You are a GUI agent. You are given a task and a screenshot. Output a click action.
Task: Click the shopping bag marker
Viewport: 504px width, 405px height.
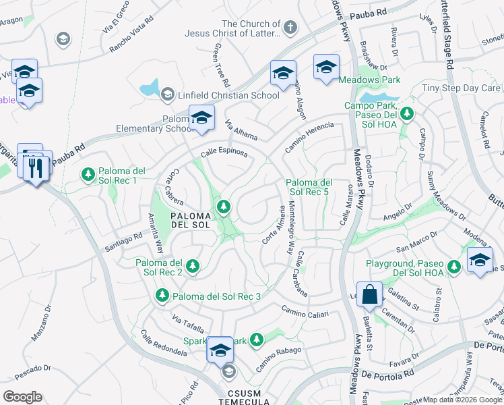tap(370, 294)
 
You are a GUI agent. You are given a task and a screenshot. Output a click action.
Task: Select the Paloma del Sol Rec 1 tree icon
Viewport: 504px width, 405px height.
tap(88, 175)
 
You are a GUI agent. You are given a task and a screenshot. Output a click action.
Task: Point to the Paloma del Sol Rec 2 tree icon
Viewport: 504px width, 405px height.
tap(193, 266)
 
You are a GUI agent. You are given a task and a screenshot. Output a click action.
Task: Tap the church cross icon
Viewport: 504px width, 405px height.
tap(290, 28)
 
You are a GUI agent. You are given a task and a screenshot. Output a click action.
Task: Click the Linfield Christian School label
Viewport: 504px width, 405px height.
tap(228, 95)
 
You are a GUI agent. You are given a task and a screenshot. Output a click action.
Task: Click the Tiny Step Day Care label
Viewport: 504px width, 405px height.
tap(462, 88)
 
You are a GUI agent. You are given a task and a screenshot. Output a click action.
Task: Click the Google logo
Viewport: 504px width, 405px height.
tap(22, 396)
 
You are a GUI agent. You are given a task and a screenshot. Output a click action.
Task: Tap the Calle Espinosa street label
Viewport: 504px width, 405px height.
tap(224, 153)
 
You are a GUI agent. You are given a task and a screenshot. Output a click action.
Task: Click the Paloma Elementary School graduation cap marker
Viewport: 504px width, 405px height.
tap(201, 118)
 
